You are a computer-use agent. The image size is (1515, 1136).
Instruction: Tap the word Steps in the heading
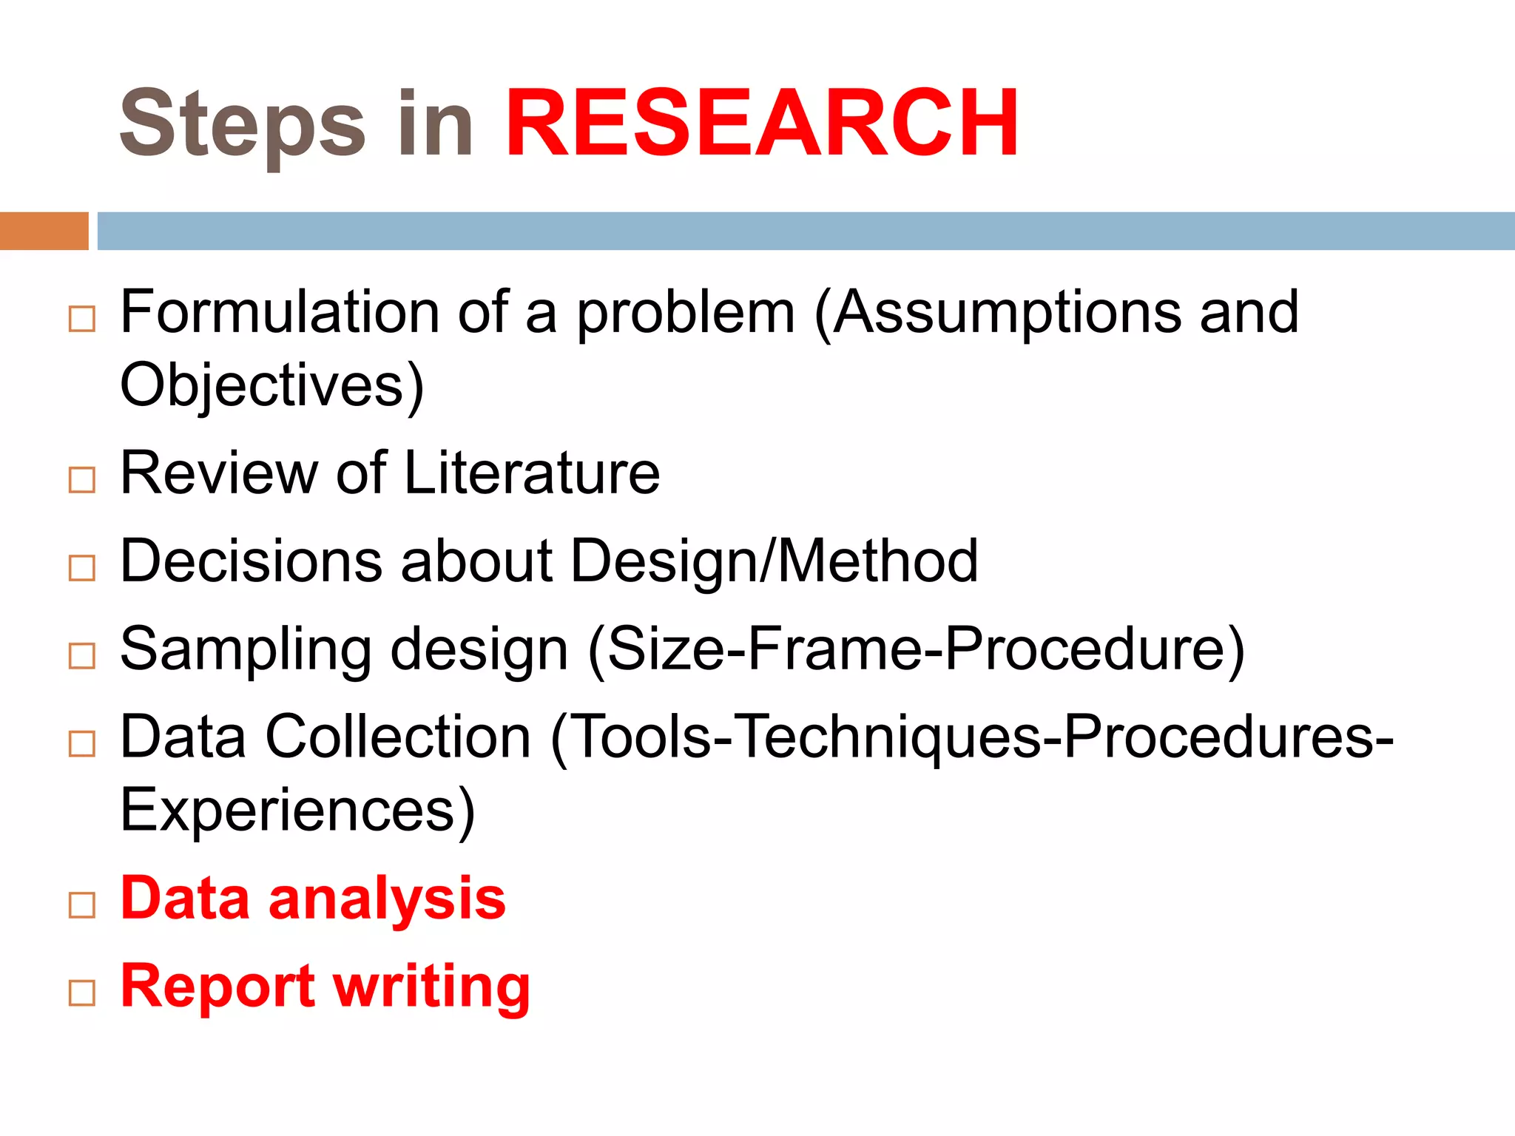click(243, 124)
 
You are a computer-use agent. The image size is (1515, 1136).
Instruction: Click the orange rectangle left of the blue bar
click(44, 231)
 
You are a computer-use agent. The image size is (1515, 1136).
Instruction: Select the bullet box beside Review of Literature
click(82, 480)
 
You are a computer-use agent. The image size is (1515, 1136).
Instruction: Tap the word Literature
click(532, 473)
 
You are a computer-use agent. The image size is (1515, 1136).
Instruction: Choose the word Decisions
click(252, 561)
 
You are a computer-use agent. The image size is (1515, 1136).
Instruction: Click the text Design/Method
click(775, 561)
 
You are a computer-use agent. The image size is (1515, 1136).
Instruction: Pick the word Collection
click(399, 737)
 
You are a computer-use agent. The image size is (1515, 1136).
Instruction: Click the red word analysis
click(387, 899)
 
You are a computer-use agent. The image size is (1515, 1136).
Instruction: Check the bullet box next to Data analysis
click(82, 905)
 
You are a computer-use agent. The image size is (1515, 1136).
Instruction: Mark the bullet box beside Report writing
click(82, 993)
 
